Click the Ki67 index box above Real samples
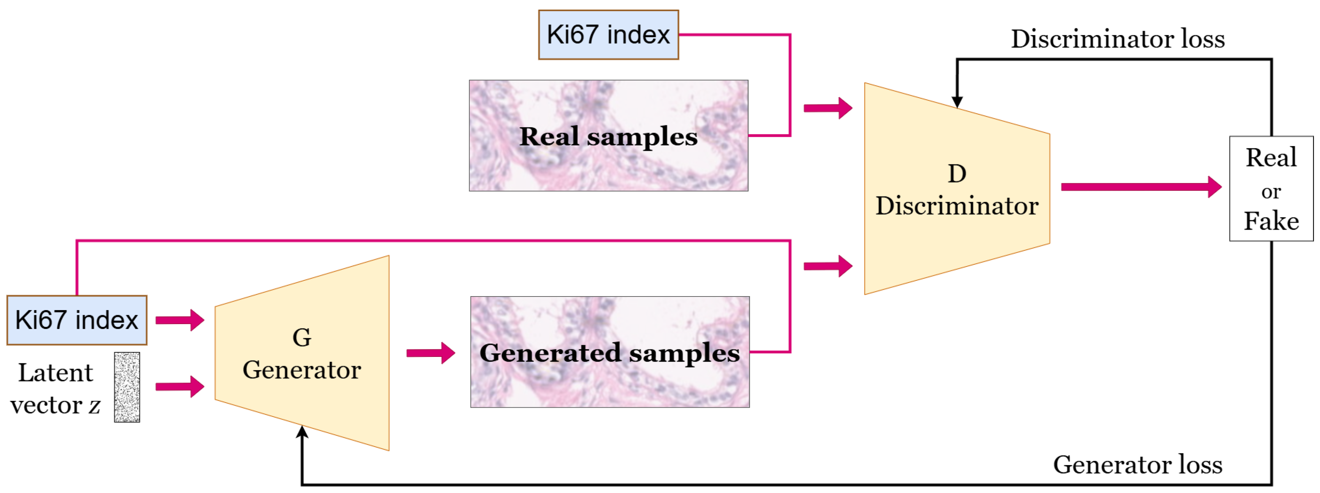tap(608, 35)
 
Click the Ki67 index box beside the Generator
tap(77, 320)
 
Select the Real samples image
tap(608, 136)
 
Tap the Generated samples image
tap(610, 353)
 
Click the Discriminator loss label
tap(1117, 39)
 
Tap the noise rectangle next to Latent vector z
tap(127, 387)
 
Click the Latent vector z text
tap(55, 389)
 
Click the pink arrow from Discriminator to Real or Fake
tap(1140, 187)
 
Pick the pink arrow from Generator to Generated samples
tap(430, 353)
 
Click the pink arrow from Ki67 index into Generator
tap(179, 320)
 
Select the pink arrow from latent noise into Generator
tap(179, 386)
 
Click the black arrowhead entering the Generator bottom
tap(302, 433)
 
